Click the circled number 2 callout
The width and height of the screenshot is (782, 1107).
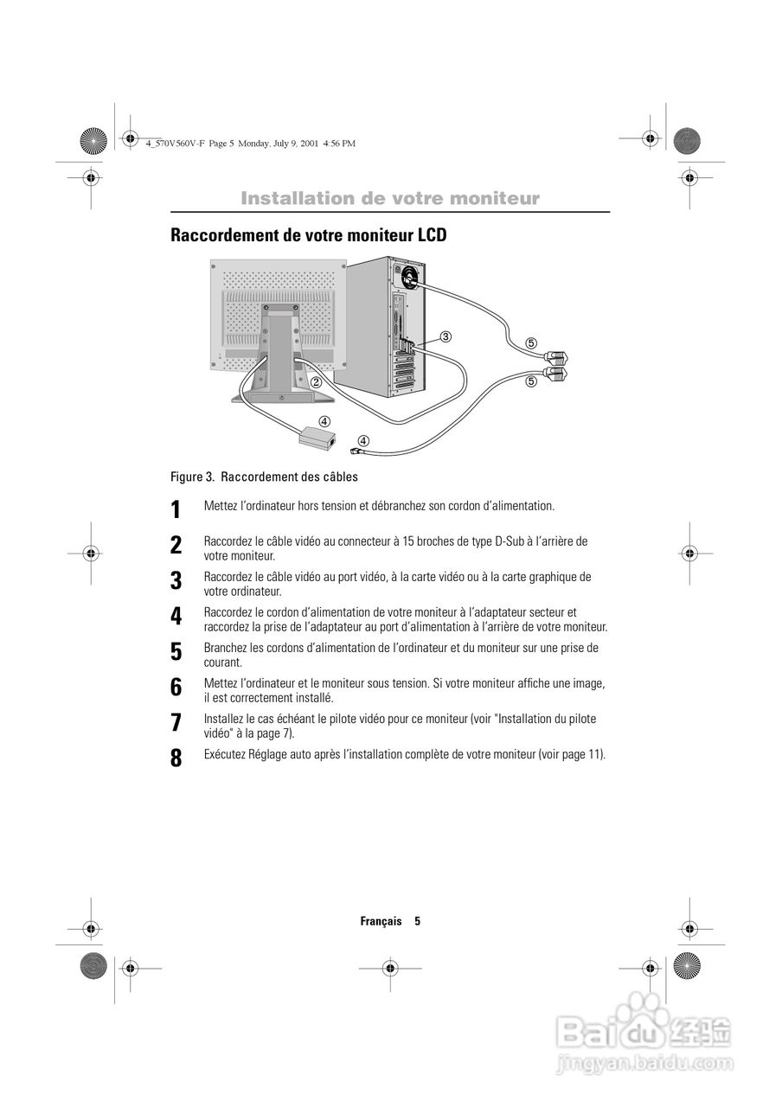point(317,381)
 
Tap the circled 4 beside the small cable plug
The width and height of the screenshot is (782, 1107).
point(364,441)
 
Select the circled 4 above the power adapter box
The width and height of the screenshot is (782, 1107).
point(324,421)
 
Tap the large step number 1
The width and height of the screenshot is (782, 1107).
point(176,509)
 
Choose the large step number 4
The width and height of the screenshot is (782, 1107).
point(176,617)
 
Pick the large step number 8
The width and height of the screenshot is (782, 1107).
point(176,758)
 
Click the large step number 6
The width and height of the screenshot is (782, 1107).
point(176,688)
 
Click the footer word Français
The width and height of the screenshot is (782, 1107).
point(381,921)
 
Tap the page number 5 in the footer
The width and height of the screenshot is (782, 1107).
point(417,921)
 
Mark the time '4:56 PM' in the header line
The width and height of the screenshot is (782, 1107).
point(339,144)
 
